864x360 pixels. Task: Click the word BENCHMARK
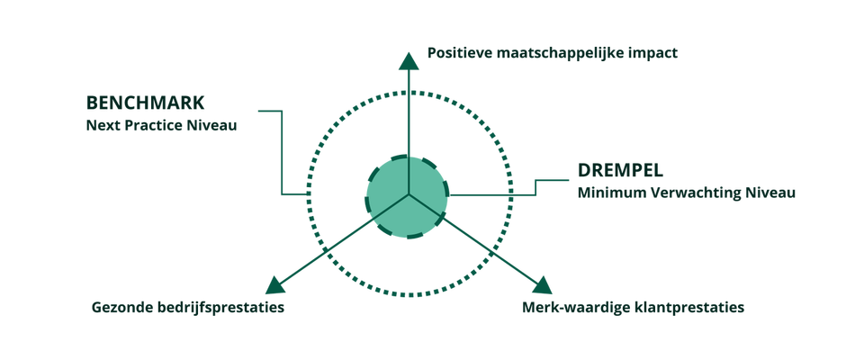145,103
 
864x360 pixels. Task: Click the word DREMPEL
620,170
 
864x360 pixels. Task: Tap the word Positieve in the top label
460,53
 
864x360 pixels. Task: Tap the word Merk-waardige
572,307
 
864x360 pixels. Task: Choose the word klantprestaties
686,308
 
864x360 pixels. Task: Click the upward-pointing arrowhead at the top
409,60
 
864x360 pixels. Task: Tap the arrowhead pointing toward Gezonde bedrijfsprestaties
275,285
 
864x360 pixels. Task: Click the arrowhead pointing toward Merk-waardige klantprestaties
542,285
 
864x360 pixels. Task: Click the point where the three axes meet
409,194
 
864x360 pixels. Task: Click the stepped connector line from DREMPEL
535,187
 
